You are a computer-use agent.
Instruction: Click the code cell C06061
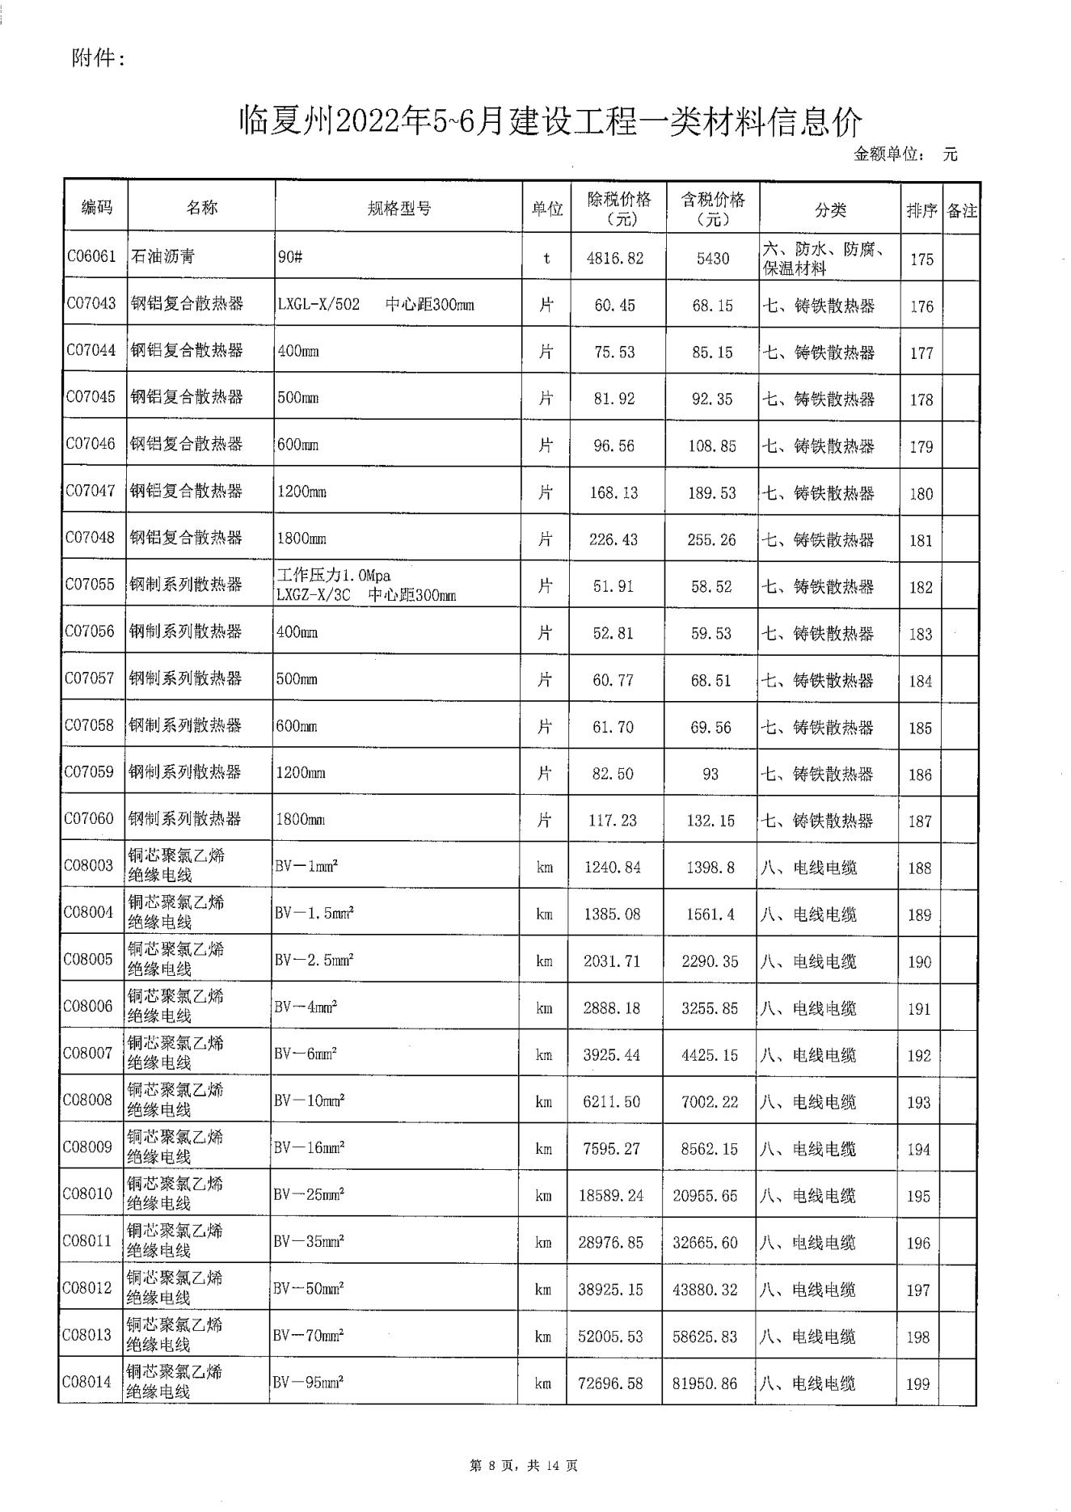(91, 257)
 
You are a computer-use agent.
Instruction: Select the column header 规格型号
(399, 209)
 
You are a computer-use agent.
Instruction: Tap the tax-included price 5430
(712, 259)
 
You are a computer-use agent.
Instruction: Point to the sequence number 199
(917, 1383)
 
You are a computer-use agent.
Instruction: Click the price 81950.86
(705, 1383)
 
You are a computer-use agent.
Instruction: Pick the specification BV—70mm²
(308, 1336)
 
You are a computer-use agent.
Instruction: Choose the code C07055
(90, 585)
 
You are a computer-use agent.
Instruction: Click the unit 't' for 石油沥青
(546, 259)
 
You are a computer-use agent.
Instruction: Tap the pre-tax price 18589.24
(611, 1196)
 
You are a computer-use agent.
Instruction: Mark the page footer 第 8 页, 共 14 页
(523, 1464)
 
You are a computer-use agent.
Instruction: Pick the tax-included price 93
(710, 774)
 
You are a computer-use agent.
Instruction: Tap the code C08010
(87, 1194)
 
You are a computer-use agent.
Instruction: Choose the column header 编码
(97, 207)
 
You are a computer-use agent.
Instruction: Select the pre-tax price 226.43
(614, 538)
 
